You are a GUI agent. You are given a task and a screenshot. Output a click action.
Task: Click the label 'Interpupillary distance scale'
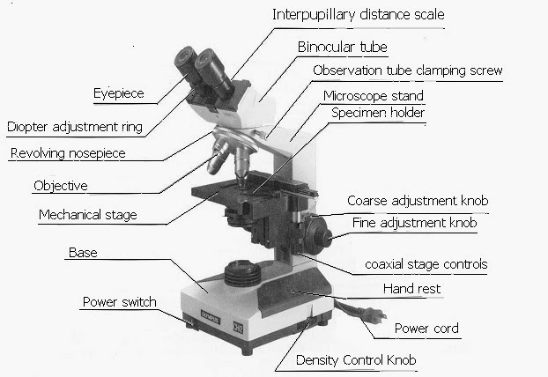359,15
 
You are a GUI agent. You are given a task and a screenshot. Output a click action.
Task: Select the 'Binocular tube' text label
342,47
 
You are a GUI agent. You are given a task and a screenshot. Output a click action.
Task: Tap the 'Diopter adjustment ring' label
74,127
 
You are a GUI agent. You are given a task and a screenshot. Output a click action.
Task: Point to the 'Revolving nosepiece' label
68,153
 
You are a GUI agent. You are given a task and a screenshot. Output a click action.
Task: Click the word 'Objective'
61,186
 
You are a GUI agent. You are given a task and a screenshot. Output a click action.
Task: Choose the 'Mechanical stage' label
88,215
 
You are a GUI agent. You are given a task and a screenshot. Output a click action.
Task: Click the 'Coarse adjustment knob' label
418,201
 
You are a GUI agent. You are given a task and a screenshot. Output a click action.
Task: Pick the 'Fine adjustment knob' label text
414,223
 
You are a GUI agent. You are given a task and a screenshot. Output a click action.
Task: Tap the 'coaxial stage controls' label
426,264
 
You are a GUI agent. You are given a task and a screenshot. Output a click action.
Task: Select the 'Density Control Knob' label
356,360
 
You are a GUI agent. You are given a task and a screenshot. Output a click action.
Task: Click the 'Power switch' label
119,302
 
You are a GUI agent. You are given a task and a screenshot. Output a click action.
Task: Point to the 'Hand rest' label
411,289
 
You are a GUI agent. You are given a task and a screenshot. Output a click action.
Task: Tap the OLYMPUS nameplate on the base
210,316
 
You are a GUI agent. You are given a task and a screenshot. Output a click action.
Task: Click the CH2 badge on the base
238,328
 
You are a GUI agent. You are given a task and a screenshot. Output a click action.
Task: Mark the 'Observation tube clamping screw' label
408,70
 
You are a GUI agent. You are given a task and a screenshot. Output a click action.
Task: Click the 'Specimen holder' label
378,113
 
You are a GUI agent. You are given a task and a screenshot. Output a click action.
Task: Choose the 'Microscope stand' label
374,96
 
